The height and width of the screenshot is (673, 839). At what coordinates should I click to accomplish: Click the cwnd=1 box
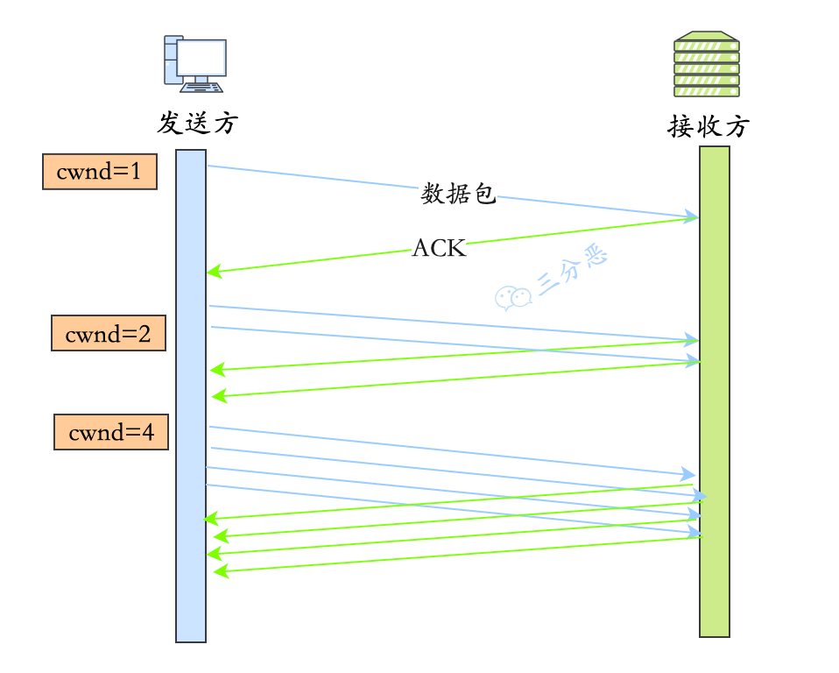coord(99,172)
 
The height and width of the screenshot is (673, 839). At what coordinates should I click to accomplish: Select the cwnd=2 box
coord(109,333)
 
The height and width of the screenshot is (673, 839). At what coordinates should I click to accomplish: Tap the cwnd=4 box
coord(111,432)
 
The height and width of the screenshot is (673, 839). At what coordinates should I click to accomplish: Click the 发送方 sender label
coord(197,123)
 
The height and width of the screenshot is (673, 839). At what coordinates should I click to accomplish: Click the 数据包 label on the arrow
coord(458,194)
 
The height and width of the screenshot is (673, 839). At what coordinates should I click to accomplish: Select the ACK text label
coord(439,249)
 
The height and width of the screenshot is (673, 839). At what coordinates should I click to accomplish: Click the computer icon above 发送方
coord(194,62)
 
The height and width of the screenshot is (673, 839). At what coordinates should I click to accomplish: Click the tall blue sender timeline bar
coord(191,394)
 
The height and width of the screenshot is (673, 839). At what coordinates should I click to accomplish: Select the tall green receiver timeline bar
coord(714,390)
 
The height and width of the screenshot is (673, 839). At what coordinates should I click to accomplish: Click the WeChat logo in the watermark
coord(513,298)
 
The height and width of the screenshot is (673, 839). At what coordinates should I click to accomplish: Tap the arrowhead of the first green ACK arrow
coord(213,273)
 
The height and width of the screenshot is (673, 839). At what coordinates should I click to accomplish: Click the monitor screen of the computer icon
coord(201,58)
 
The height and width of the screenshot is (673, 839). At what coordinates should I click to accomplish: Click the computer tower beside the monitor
coord(172,60)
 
